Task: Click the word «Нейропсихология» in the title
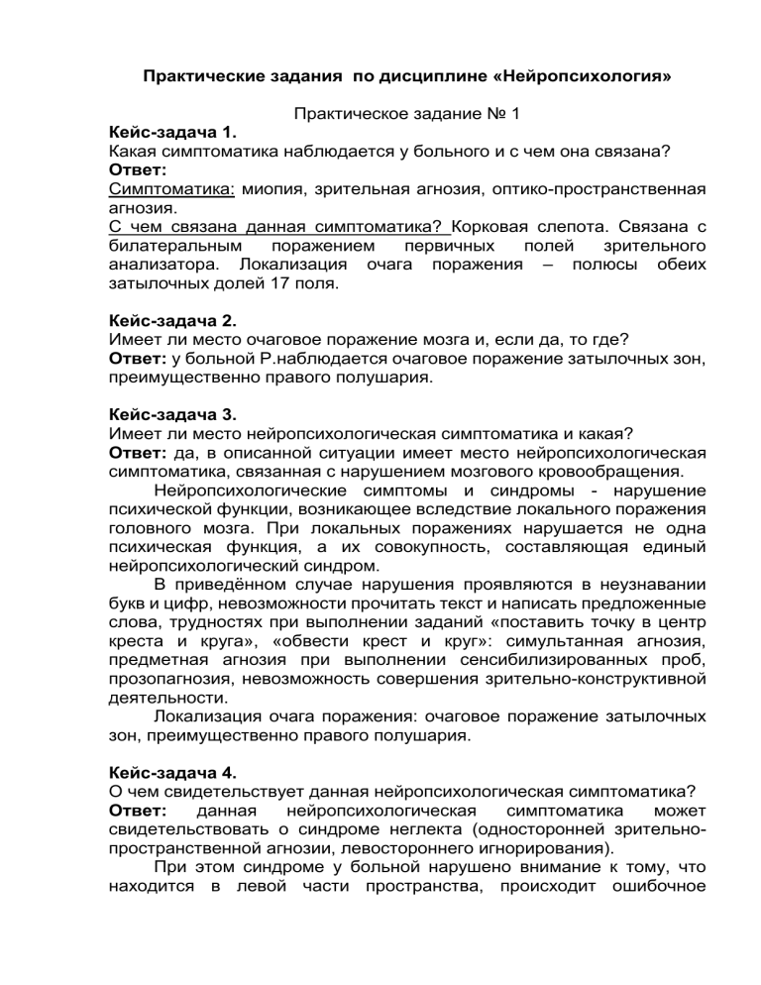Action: [566, 75]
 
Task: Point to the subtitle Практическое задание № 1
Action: [406, 114]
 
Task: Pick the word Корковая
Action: [497, 227]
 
